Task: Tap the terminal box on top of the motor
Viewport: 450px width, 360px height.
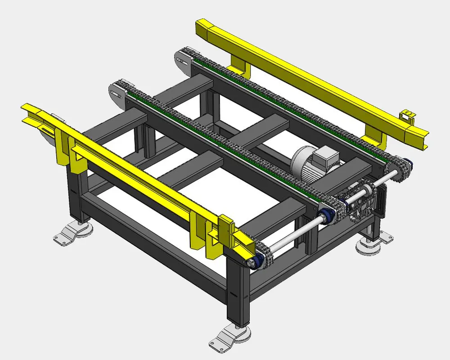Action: coord(324,158)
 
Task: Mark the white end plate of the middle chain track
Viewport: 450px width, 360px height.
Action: coord(117,93)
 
